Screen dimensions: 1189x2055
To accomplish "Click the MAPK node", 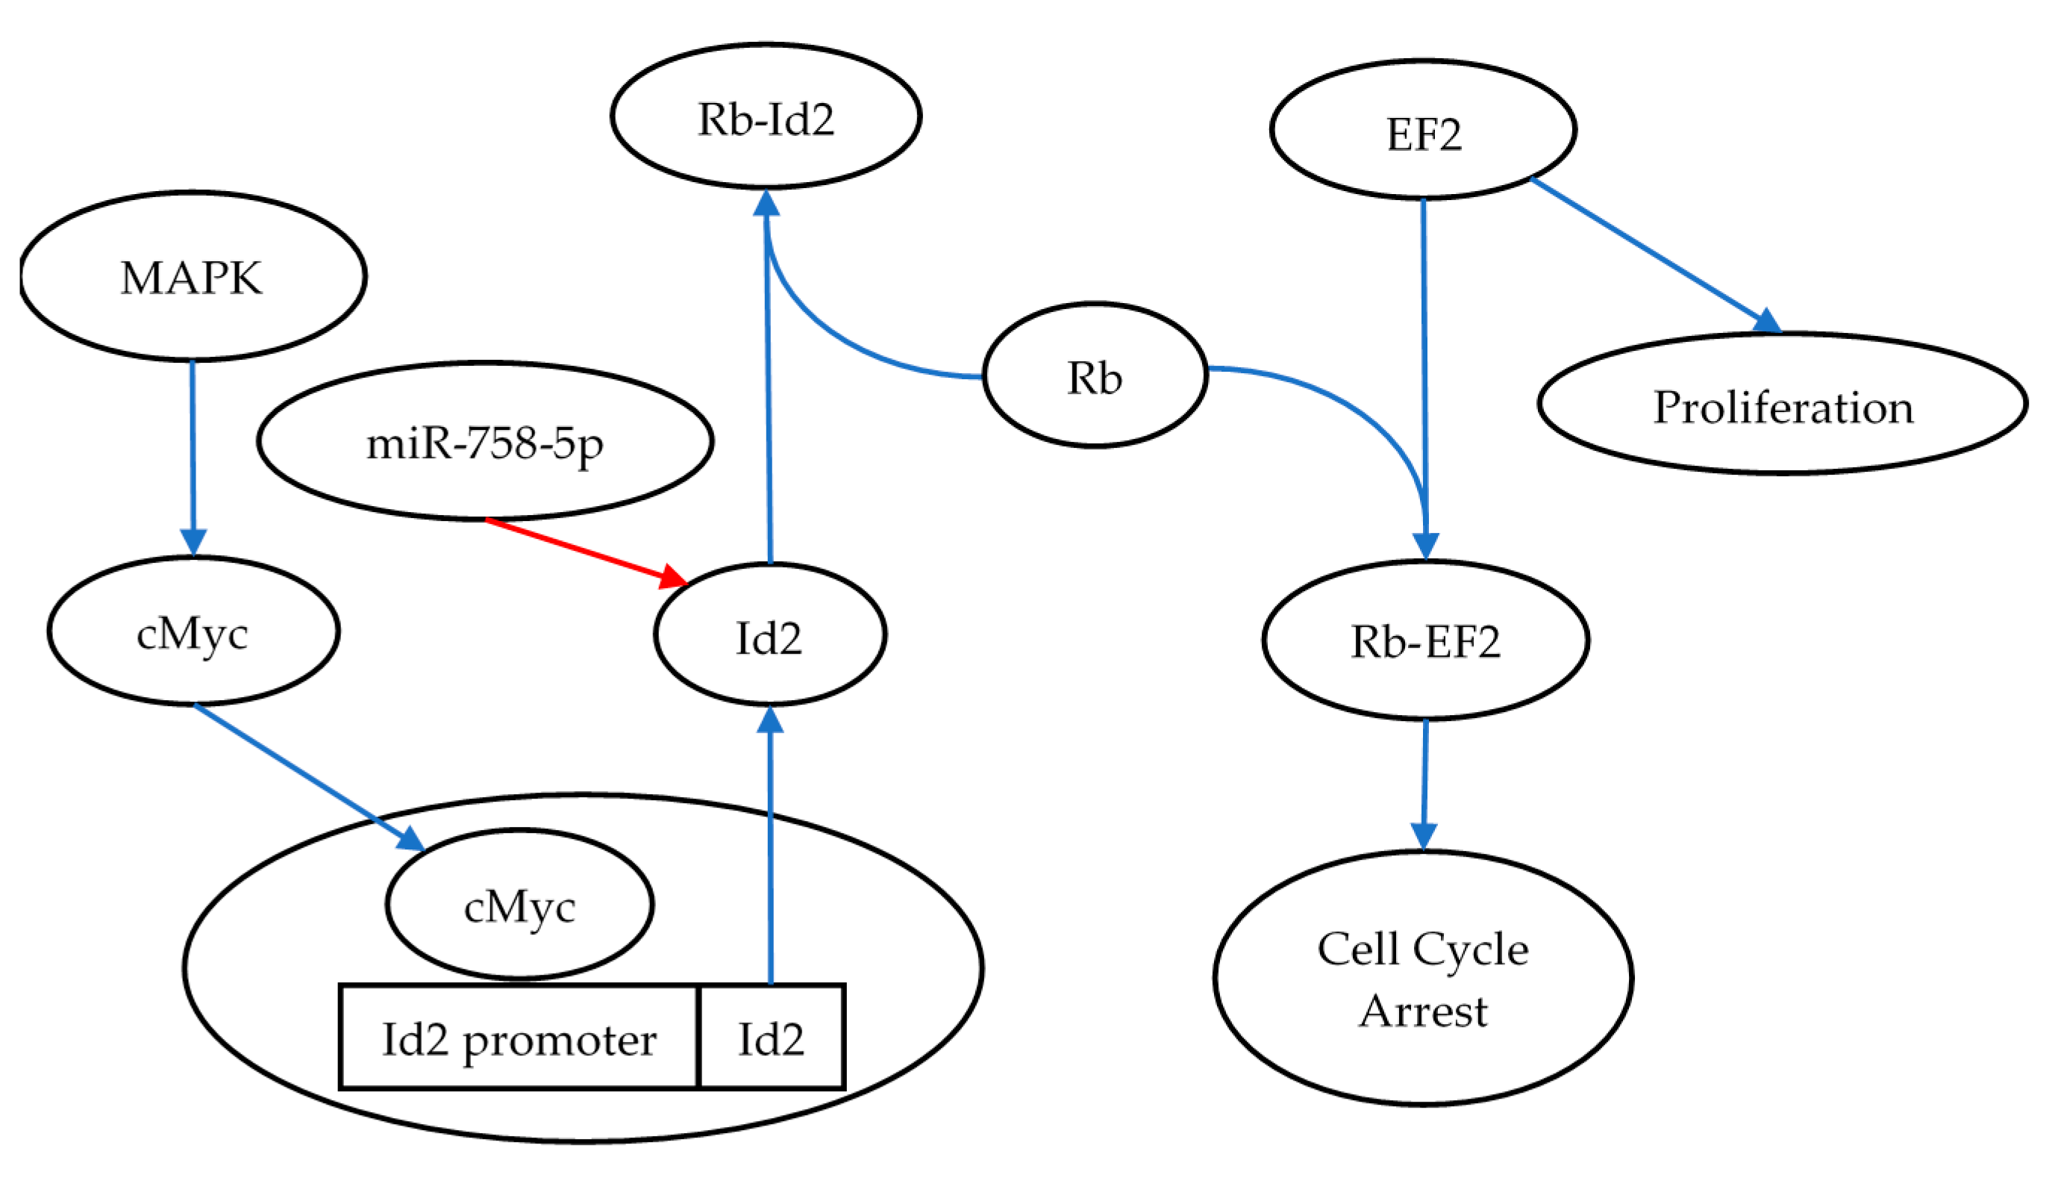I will coord(193,276).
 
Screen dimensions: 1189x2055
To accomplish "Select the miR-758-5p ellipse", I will coord(485,441).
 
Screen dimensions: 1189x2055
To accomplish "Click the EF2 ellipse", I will coord(1423,131).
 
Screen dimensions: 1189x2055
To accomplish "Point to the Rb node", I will coord(1095,376).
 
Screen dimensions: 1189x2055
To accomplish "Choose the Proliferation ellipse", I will coord(1782,405).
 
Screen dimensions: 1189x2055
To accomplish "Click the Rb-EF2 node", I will coord(1425,641).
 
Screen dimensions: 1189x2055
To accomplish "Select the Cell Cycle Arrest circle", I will coord(1423,979).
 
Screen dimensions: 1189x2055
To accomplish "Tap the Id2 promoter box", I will coord(519,1039).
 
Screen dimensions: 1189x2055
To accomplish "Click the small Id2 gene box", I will coord(772,1039).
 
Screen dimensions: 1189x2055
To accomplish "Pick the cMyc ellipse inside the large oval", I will coord(519,905).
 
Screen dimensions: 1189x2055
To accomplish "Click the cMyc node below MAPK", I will coord(193,632).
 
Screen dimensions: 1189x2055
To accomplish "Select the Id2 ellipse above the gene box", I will coord(770,635).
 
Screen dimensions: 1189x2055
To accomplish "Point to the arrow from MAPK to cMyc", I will coord(193,457).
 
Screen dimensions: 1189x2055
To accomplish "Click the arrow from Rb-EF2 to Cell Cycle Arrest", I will coord(1424,783).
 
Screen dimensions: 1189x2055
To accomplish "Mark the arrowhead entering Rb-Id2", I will coord(766,203).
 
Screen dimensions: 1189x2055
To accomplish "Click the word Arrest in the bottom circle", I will coord(1423,1011).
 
